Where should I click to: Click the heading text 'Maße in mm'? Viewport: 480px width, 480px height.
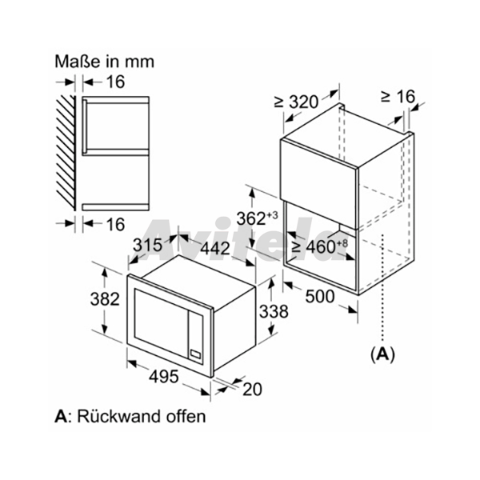click(x=104, y=62)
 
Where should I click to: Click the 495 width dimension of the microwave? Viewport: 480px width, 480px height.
click(x=163, y=376)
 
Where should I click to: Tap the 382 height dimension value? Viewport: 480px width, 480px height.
click(x=105, y=299)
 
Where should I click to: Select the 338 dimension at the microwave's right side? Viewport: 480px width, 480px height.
click(x=274, y=312)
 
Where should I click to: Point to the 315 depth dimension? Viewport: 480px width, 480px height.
click(x=147, y=245)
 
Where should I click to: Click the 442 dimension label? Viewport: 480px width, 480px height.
click(x=215, y=248)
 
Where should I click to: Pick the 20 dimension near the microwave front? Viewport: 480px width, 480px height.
click(x=252, y=390)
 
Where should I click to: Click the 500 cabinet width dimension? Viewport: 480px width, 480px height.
click(x=320, y=296)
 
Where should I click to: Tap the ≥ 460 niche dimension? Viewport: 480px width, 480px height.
click(x=319, y=246)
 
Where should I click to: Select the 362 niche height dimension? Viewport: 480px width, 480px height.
click(x=257, y=218)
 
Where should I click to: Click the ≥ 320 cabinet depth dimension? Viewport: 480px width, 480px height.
click(x=296, y=102)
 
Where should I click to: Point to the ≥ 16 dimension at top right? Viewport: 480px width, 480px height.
click(x=398, y=97)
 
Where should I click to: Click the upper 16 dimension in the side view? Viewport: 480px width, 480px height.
click(x=115, y=82)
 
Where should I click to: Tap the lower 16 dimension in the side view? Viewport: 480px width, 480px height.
click(x=115, y=224)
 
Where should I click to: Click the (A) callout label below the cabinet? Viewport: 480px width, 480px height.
click(x=382, y=354)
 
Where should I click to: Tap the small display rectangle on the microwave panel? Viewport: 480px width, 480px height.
click(x=195, y=354)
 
